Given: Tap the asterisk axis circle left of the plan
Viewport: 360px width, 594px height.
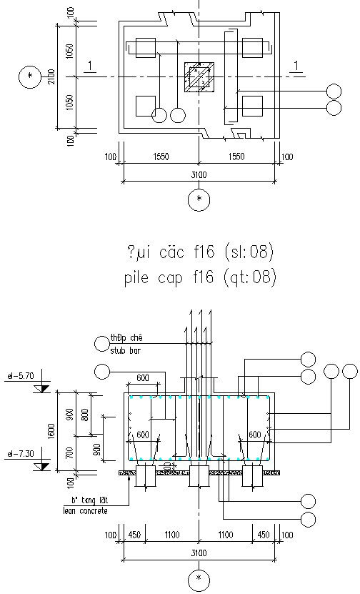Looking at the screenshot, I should (x=29, y=76).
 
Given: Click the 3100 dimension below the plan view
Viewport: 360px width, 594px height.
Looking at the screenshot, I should (x=199, y=174).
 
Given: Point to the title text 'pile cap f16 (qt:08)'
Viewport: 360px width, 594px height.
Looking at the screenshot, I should (x=199, y=277).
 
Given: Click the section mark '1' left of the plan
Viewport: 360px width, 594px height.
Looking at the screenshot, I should (x=89, y=66).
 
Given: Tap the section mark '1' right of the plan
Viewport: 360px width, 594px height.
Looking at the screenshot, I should (x=295, y=66).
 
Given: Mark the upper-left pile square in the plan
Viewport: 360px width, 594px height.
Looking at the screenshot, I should (x=146, y=47).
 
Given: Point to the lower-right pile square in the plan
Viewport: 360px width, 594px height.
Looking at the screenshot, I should (x=253, y=105).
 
